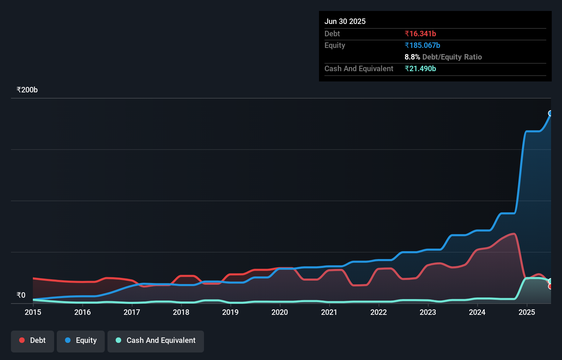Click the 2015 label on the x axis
click(33, 312)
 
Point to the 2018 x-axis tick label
click(181, 312)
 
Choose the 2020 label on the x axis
click(280, 312)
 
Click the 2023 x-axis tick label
click(428, 312)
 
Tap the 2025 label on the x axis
click(527, 312)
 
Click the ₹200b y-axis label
click(27, 90)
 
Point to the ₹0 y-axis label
click(21, 295)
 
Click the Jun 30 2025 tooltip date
click(345, 21)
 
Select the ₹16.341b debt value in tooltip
click(420, 34)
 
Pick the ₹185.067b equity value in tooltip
click(422, 45)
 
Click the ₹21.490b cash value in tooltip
click(420, 68)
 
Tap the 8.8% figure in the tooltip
click(412, 57)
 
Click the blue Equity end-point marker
click(550, 113)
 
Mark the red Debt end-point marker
click(550, 286)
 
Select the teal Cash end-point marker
click(550, 281)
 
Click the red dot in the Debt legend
click(22, 340)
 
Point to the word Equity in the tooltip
click(335, 45)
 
